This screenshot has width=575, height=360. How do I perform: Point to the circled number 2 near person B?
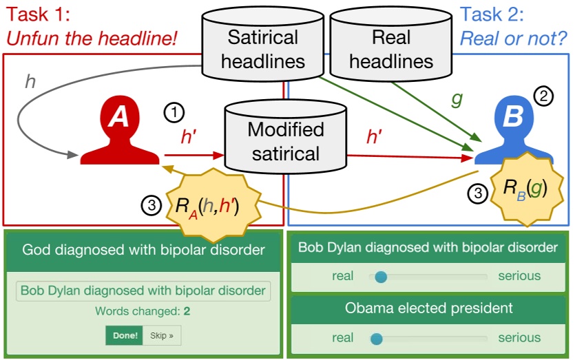pos(545,97)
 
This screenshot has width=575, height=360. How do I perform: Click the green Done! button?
pos(124,336)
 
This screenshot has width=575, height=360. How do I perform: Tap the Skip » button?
pos(162,336)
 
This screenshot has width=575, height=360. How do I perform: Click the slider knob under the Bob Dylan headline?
pos(380,277)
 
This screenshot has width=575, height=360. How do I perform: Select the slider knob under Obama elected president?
pos(376,339)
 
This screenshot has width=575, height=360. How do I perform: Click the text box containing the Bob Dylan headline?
pos(143,290)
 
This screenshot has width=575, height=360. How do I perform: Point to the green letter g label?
pos(456,98)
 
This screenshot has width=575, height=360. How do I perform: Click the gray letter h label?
pos(30,82)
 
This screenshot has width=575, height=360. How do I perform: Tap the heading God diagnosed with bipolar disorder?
pos(143,250)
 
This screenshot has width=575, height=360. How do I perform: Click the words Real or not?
pos(513,37)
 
